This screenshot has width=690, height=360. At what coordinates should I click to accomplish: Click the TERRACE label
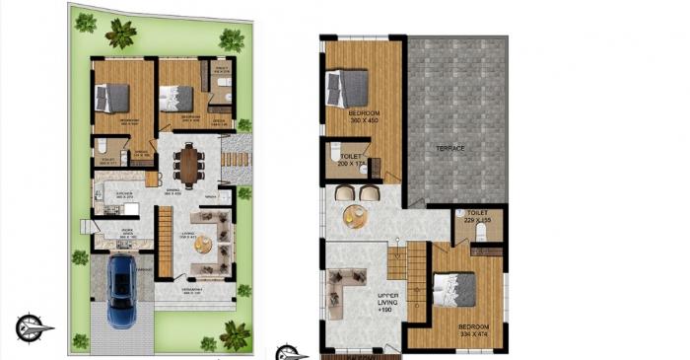coord(450,148)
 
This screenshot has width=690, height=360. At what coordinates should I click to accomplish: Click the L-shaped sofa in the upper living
coord(351,291)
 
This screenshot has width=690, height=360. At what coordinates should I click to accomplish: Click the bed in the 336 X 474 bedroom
coord(454,290)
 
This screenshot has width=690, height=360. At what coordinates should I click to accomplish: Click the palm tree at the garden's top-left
coord(120,34)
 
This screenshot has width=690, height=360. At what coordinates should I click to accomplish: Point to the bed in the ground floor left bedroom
coord(110,97)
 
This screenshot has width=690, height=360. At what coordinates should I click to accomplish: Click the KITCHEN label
coord(125,193)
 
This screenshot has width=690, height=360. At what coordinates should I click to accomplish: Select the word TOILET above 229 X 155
coord(478,211)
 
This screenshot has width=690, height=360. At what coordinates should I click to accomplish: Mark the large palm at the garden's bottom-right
coord(237,334)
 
